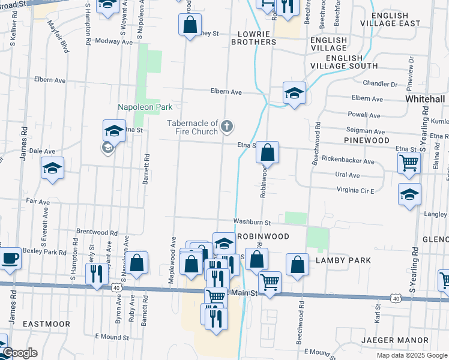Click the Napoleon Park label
(x=145, y=107)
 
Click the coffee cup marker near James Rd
(x=9, y=259)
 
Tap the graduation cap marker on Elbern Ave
(x=294, y=93)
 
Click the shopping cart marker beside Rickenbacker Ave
(x=409, y=162)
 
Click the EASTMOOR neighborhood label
(x=46, y=324)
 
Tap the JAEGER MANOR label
(x=395, y=340)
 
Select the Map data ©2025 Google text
(x=411, y=355)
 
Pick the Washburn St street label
(x=253, y=222)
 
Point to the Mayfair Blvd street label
(x=58, y=35)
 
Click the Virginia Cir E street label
(x=348, y=191)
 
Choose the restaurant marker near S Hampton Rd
(x=97, y=274)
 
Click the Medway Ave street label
(x=110, y=42)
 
